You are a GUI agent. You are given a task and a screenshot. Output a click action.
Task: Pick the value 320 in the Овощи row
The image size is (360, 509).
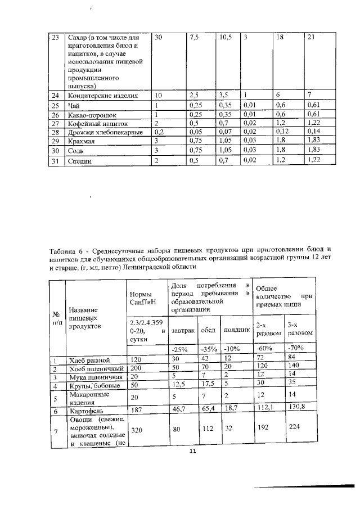(x=137, y=431)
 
